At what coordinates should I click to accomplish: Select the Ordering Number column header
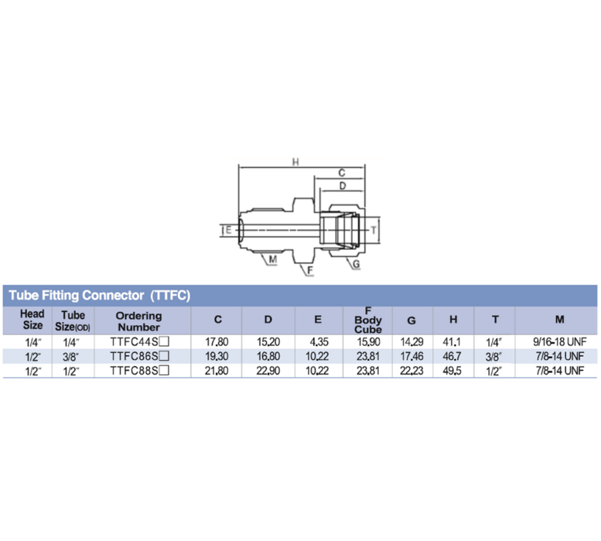[x=139, y=321]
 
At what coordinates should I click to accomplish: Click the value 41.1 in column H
[x=453, y=341]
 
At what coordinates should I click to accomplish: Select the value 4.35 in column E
[x=318, y=341]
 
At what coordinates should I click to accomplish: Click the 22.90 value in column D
[x=268, y=370]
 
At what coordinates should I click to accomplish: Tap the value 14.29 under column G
[x=411, y=341]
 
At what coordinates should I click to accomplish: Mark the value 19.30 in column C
[x=218, y=356]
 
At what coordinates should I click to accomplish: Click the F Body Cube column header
[x=368, y=320]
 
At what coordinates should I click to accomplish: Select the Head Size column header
[x=32, y=320]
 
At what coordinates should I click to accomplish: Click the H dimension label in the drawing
[x=296, y=162]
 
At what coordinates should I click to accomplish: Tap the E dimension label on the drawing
[x=228, y=231]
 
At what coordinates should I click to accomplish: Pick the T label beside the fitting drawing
[x=373, y=231]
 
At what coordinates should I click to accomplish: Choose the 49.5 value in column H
[x=453, y=370]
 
